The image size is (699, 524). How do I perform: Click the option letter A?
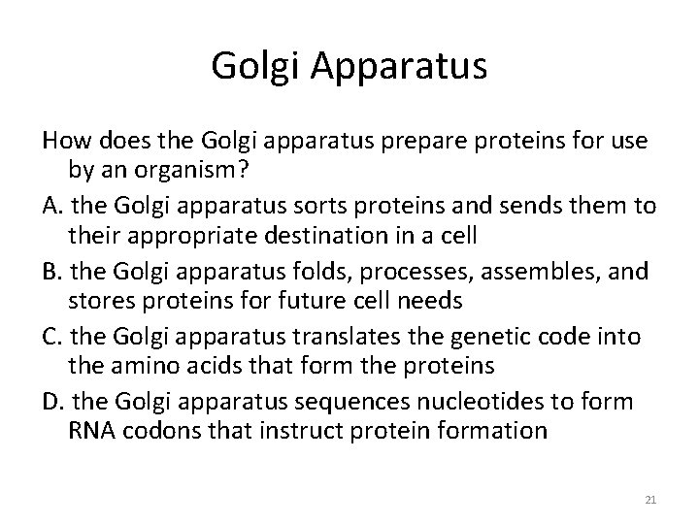click(x=51, y=207)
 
